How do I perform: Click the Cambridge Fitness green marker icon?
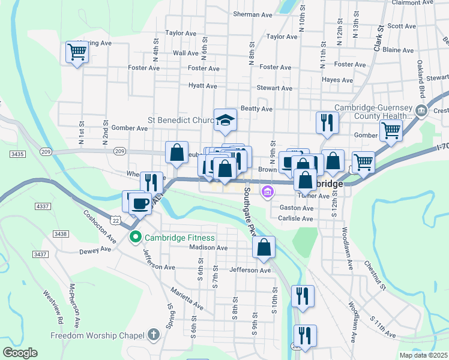[136, 237]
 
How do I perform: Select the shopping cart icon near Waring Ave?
[77, 52]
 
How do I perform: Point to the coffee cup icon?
[140, 203]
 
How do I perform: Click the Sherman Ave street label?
[253, 14]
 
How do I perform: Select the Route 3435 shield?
[17, 154]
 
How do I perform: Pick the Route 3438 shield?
[59, 233]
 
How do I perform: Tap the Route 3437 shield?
[40, 254]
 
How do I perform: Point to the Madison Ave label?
[208, 247]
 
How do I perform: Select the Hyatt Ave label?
[202, 86]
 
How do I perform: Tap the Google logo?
[20, 353]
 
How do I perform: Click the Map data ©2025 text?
[423, 355]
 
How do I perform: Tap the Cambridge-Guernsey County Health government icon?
[421, 110]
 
